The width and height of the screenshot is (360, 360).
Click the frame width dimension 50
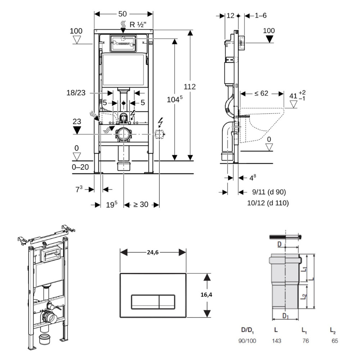coord(122,14)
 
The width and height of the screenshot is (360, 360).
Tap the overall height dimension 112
coord(190,87)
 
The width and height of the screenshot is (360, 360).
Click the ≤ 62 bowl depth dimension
coord(261,94)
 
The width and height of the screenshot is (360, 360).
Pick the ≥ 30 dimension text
coord(141,204)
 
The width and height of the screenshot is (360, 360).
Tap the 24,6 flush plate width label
coord(153,252)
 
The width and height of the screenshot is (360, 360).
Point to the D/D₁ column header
coord(248,330)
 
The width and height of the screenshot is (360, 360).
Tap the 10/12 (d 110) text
coord(268,203)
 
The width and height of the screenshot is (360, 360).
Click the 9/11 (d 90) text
coord(266,192)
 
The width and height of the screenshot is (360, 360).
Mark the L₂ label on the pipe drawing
coord(304,296)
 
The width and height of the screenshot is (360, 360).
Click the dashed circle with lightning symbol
coord(159,135)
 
